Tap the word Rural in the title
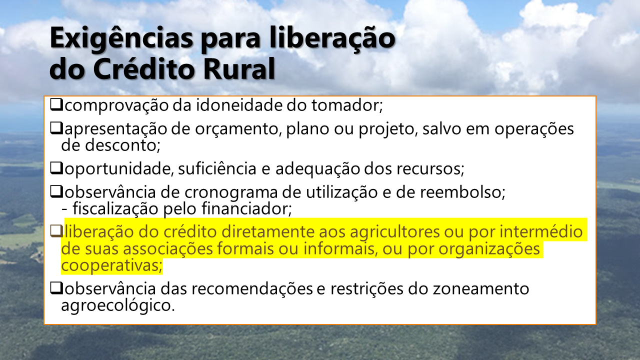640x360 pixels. (239, 69)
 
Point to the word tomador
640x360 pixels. (347, 105)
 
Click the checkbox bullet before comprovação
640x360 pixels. (56, 104)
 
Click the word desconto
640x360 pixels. (122, 145)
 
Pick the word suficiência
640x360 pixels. (217, 168)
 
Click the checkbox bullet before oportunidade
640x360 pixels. (56, 168)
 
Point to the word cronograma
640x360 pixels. (231, 192)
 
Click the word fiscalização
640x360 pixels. (115, 208)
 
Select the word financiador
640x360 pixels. (246, 208)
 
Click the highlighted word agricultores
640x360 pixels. (395, 232)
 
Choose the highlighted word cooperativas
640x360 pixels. (111, 265)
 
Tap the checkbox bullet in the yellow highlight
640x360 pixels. (56, 231)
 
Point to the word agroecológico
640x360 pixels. (117, 305)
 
